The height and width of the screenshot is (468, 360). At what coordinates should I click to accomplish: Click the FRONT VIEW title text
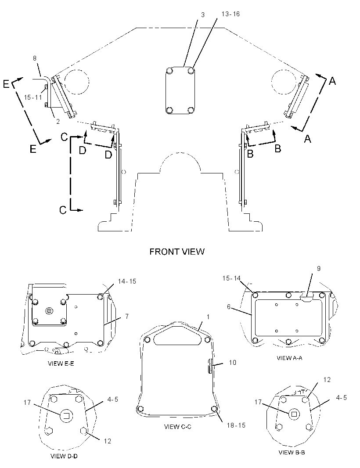(x=177, y=252)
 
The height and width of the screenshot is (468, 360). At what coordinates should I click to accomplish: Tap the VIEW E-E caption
(x=61, y=364)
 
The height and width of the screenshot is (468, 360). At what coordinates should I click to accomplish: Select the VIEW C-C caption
(x=178, y=427)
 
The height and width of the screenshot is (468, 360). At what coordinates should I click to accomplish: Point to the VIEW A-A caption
(x=289, y=358)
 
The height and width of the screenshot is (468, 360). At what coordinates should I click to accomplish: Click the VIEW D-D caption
(x=64, y=456)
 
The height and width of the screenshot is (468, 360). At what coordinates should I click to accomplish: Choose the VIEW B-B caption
(x=292, y=452)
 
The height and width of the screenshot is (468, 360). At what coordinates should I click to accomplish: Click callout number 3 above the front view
(x=203, y=15)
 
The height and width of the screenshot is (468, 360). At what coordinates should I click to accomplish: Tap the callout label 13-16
(x=230, y=14)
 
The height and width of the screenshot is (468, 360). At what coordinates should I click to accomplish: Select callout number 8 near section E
(x=35, y=58)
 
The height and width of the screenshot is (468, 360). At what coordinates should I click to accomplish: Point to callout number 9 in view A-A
(x=318, y=269)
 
